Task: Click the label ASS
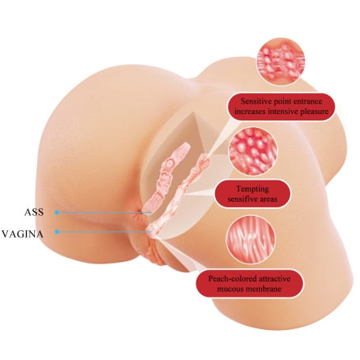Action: pos(34,212)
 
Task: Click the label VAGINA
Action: pos(22,234)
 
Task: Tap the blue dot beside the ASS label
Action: pos(57,212)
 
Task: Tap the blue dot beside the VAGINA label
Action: pos(57,232)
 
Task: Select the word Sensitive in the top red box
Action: pos(255,101)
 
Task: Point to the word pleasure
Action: pos(314,112)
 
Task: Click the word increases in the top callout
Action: pos(250,112)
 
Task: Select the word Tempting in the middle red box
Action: pos(252,189)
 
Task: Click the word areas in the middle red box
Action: pos(267,199)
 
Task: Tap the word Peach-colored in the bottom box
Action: pos(232,279)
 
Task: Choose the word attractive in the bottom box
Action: pos(274,279)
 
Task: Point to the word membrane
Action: pos(264,289)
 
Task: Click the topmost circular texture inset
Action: pos(281,62)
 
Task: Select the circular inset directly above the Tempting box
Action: pos(253,151)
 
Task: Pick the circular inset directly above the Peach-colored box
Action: pos(251,240)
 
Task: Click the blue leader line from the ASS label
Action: pos(105,212)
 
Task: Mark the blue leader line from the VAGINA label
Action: pos(105,232)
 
